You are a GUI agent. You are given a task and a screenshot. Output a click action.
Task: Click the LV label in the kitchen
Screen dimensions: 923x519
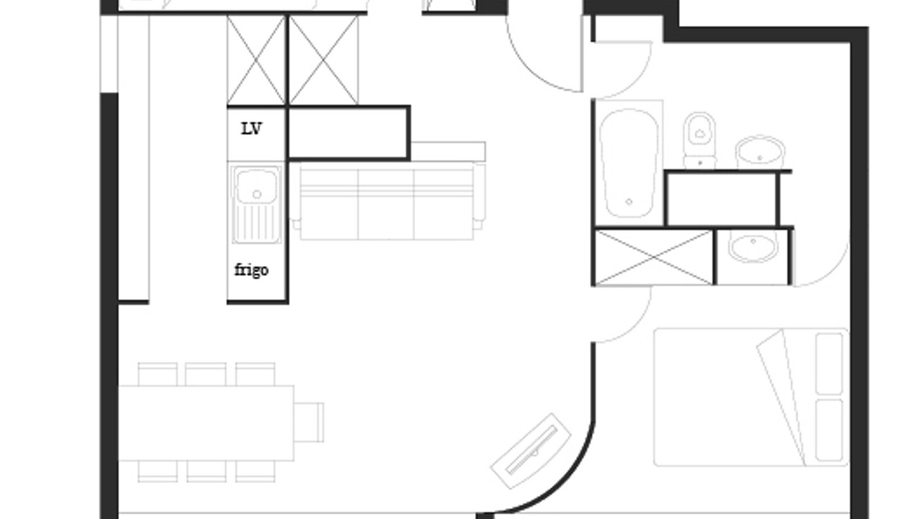click(x=251, y=129)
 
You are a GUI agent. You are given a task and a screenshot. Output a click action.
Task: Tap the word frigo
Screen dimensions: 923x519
click(x=252, y=270)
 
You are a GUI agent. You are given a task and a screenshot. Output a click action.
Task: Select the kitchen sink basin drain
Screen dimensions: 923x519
click(x=257, y=194)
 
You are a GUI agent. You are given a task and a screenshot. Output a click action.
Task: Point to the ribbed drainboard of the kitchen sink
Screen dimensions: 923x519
click(x=256, y=223)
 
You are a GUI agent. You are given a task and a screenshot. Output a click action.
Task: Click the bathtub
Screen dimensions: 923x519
click(x=629, y=163)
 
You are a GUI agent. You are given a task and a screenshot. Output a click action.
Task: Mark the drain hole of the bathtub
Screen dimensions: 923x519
click(x=629, y=201)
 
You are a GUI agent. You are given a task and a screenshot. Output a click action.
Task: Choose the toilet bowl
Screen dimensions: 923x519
click(x=699, y=140)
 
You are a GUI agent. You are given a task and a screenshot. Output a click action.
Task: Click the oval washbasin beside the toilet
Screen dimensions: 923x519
click(x=760, y=152)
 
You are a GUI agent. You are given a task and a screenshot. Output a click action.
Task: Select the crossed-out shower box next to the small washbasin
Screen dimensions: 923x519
click(x=654, y=257)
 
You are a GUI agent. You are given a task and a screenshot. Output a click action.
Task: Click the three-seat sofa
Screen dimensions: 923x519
click(x=387, y=201)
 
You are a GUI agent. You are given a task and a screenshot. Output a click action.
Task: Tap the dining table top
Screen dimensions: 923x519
click(x=206, y=422)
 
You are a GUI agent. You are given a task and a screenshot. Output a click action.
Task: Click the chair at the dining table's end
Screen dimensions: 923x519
click(x=309, y=422)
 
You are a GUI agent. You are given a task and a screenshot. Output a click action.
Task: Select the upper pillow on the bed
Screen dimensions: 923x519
click(x=829, y=363)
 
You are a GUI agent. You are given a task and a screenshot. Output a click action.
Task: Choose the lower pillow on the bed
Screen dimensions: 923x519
click(x=829, y=430)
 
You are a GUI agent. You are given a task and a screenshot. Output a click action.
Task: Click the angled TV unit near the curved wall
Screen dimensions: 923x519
click(x=531, y=451)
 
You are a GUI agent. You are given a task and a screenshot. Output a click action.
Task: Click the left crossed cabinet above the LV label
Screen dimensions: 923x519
click(x=256, y=60)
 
